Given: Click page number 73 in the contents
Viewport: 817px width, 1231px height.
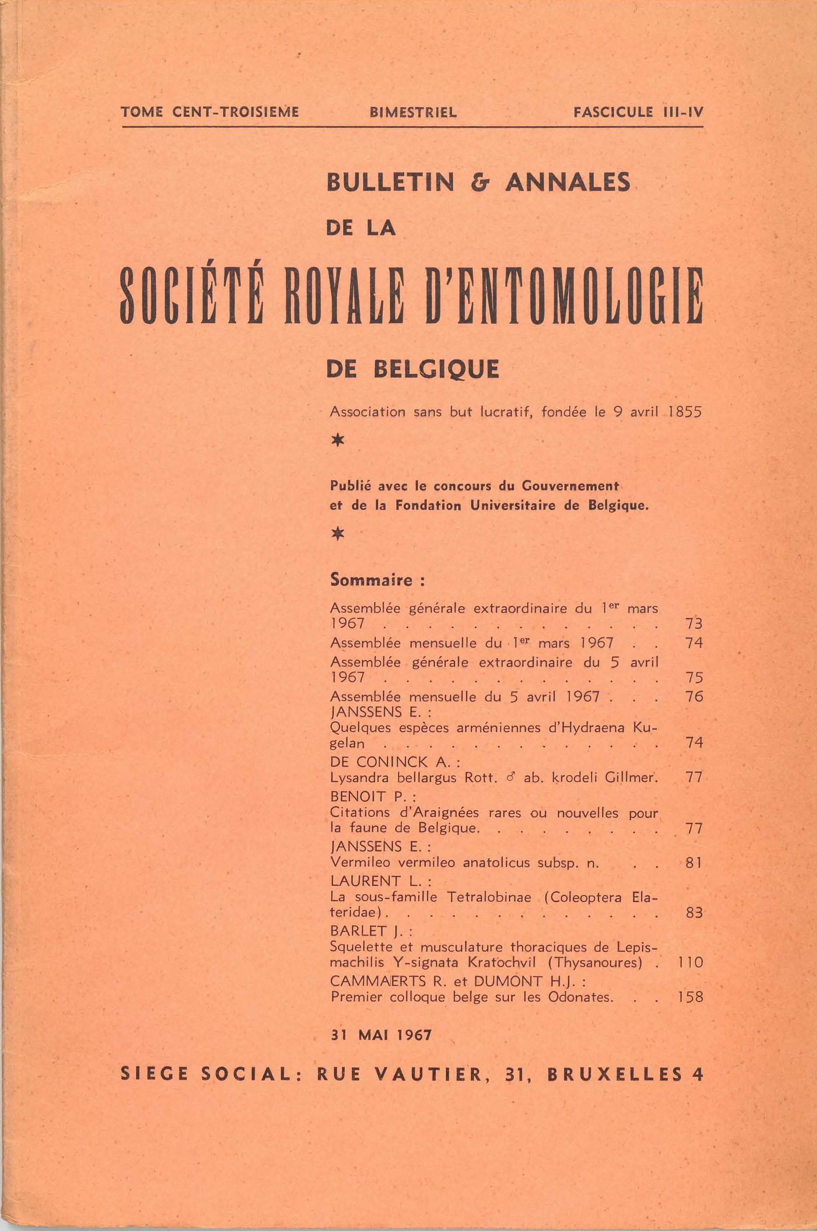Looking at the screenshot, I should [x=694, y=624].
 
